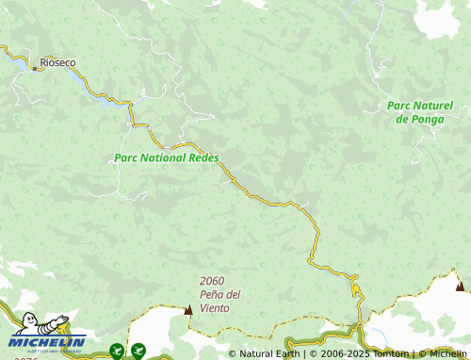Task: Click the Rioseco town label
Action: click(x=57, y=63)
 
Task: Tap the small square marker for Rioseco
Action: click(x=35, y=68)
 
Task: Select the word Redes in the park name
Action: click(x=203, y=158)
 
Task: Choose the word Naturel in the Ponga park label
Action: click(x=431, y=106)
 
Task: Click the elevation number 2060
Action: click(x=212, y=281)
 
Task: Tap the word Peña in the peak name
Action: click(x=214, y=294)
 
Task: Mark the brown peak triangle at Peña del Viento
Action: click(x=188, y=309)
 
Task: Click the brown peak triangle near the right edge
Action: click(x=460, y=286)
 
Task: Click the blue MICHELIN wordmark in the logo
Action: click(x=48, y=342)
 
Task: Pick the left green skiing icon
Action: click(x=117, y=352)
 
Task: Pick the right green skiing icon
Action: click(x=138, y=351)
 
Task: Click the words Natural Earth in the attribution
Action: click(x=269, y=353)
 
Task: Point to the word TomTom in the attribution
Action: click(x=388, y=353)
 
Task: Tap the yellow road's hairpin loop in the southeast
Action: click(x=356, y=286)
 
